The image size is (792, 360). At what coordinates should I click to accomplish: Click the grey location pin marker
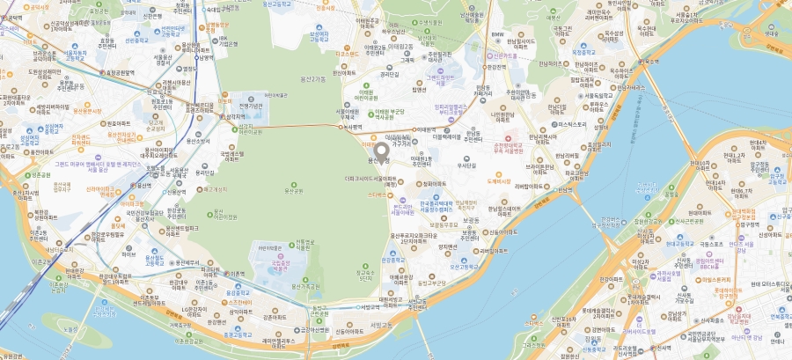point(380,151)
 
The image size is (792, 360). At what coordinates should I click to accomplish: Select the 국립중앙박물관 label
point(284,263)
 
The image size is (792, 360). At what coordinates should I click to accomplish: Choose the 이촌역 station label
point(237,275)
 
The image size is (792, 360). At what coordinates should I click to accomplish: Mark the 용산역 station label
point(143,186)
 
